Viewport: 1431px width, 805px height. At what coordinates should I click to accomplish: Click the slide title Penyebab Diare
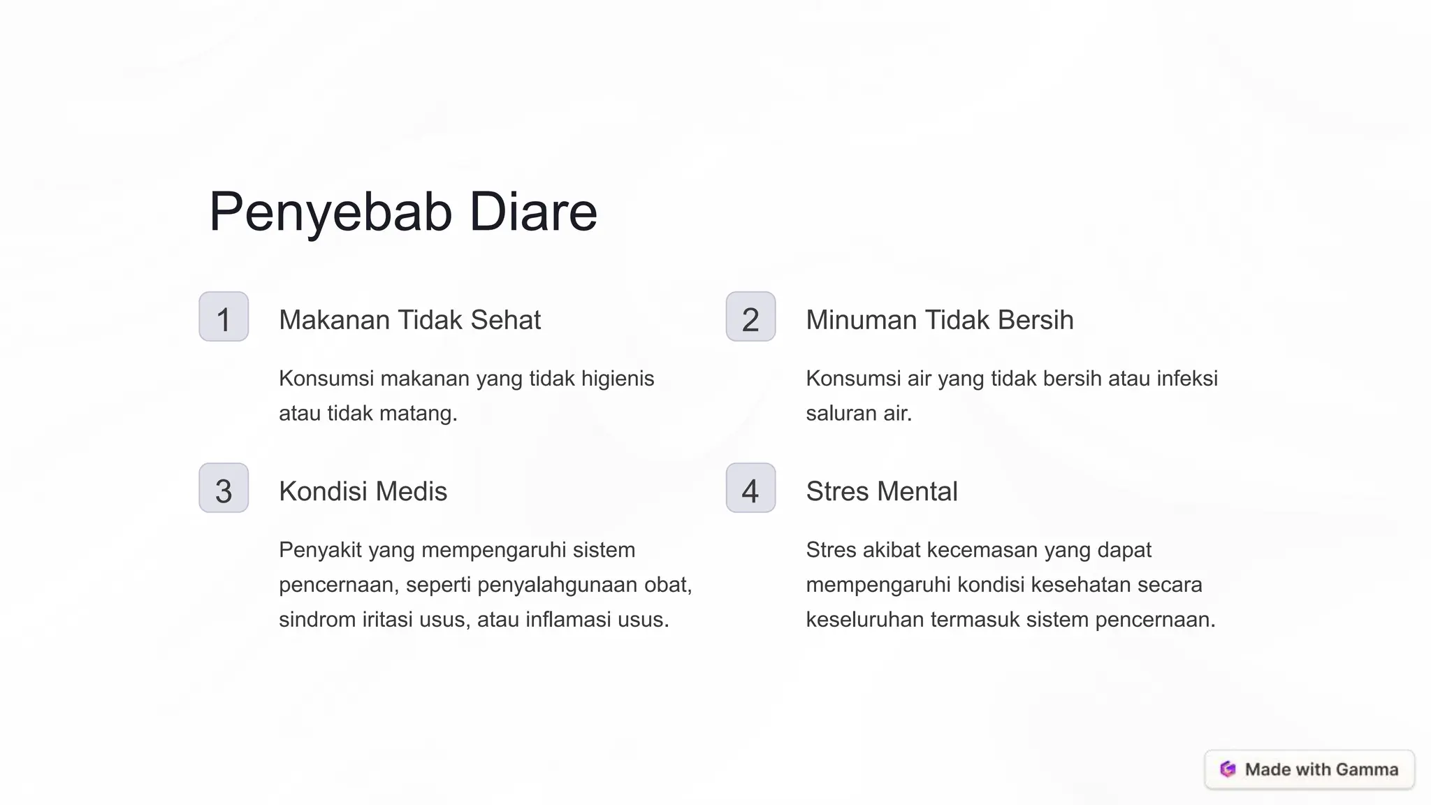403,212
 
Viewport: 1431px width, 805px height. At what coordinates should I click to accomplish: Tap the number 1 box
224,317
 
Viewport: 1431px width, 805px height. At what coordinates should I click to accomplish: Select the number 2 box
750,317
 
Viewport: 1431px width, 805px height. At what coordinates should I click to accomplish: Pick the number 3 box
224,488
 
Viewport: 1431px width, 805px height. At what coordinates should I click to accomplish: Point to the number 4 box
750,488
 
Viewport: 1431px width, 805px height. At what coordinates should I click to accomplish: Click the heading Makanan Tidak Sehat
409,320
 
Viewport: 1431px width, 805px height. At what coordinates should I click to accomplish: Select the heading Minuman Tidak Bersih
939,320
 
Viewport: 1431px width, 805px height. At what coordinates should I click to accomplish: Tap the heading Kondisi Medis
363,491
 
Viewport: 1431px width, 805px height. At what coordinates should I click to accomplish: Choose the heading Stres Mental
881,491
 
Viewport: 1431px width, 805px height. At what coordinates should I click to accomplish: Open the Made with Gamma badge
1309,769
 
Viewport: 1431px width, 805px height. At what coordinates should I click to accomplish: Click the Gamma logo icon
1228,769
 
